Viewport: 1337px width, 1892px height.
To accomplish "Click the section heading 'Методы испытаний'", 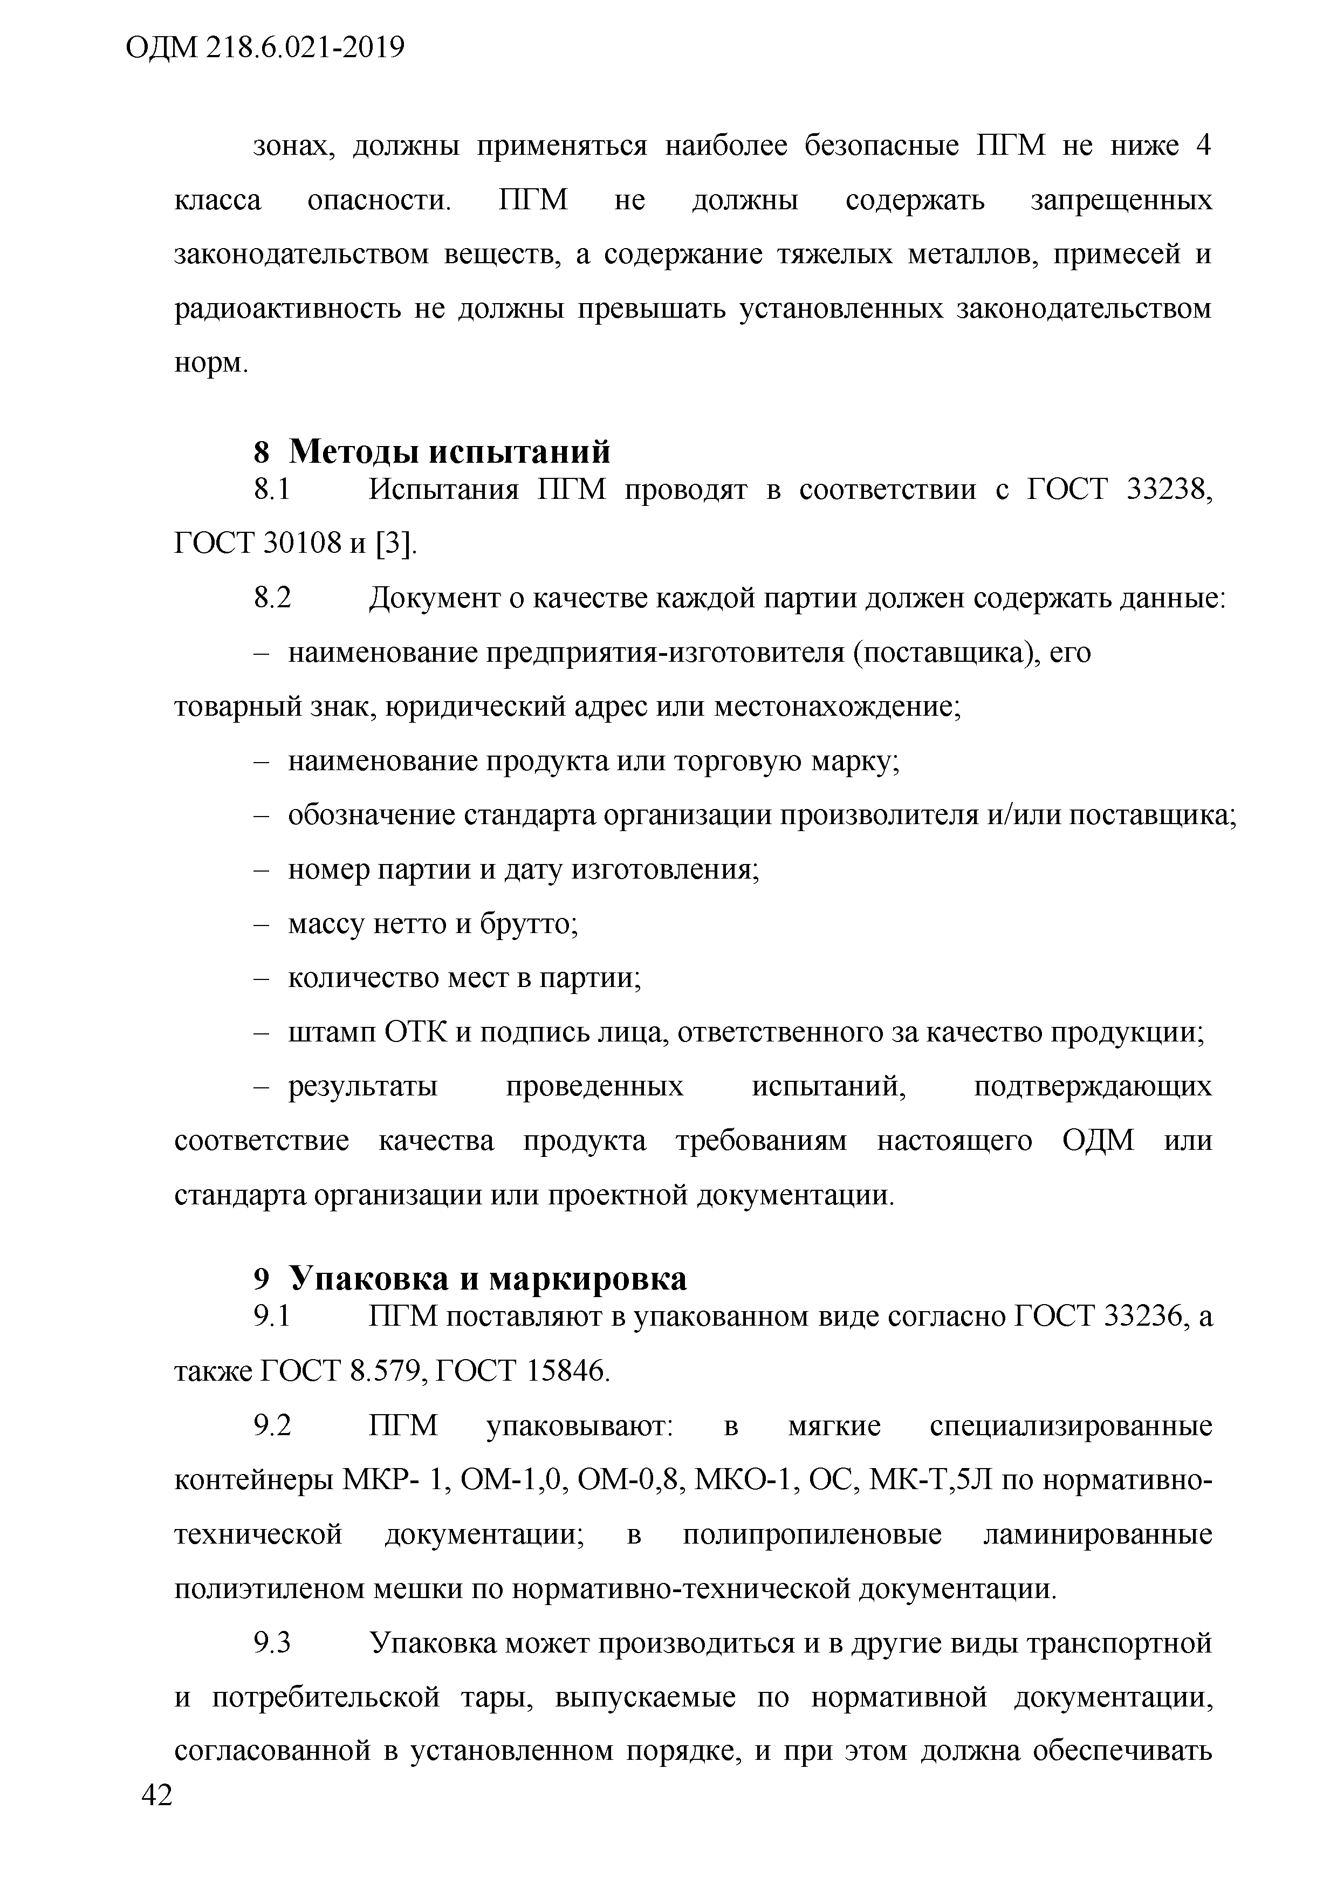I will pos(450,451).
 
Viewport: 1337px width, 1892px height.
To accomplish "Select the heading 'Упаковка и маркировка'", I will pos(487,1278).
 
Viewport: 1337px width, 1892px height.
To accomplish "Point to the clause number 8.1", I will pos(272,490).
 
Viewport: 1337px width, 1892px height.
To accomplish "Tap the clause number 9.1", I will pos(272,1317).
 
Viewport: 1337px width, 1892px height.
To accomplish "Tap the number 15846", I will pos(568,1371).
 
